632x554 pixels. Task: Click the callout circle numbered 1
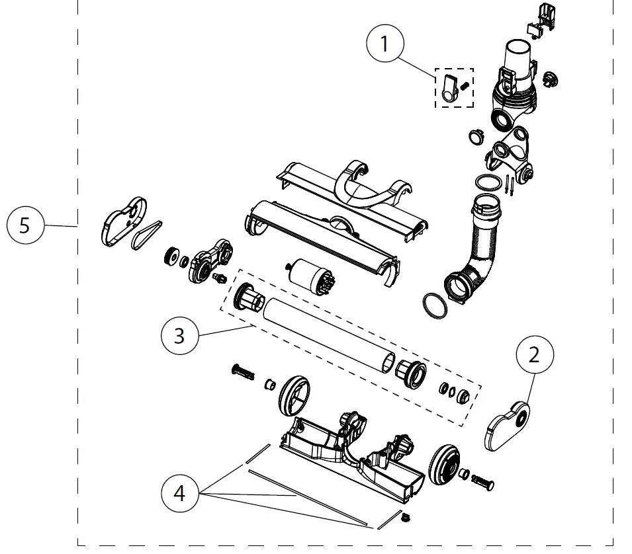384,45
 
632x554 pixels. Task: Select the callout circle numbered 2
533,355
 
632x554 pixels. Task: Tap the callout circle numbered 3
179,336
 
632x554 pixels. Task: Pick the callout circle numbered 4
180,493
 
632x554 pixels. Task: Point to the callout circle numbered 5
24,225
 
